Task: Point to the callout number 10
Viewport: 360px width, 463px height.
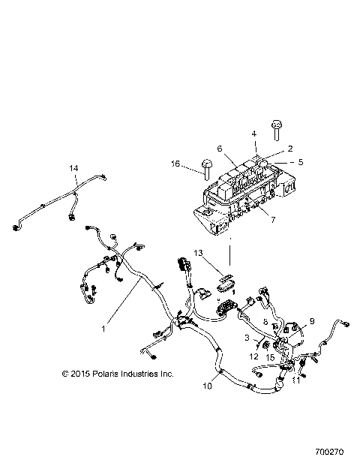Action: click(x=207, y=386)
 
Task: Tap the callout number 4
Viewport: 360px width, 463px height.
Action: click(x=253, y=134)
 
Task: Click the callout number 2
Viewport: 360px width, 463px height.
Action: click(x=269, y=149)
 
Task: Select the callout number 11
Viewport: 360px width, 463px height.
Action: click(x=295, y=380)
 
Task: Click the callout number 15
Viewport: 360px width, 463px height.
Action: click(x=270, y=357)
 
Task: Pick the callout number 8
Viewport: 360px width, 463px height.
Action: click(x=265, y=320)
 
